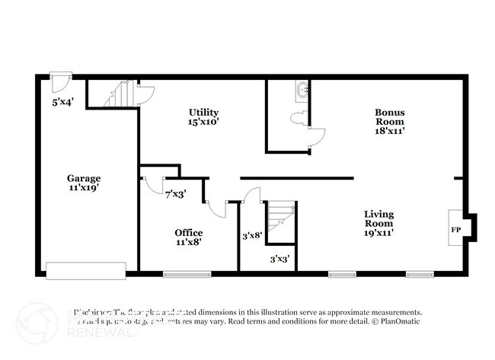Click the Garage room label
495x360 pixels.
coord(83,178)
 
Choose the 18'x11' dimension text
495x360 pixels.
coord(389,130)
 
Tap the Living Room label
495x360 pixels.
coord(378,218)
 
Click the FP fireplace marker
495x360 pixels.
coord(455,229)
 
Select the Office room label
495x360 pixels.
coord(189,232)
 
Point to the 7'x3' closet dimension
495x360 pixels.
coord(176,194)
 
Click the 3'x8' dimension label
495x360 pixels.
coord(252,236)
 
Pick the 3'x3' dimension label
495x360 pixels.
coord(279,260)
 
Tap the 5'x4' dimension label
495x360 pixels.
coord(62,100)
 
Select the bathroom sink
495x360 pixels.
coord(305,90)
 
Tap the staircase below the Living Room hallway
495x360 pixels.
coord(281,214)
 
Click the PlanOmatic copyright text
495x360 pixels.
coord(398,322)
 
